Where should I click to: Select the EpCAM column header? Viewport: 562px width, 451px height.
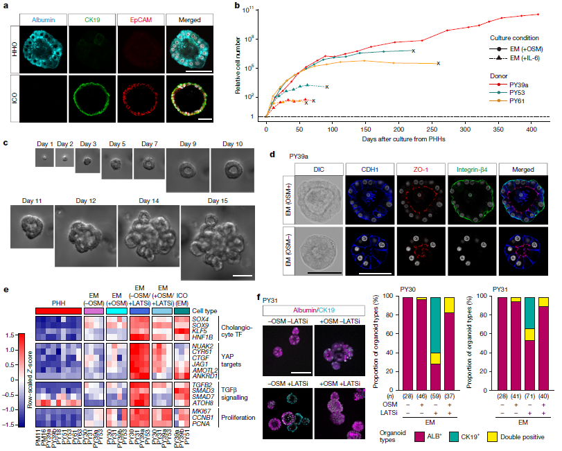coord(134,10)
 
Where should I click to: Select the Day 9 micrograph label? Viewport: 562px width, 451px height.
coord(188,143)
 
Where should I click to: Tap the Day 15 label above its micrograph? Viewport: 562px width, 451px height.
coord(209,201)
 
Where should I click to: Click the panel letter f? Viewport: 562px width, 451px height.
coord(260,298)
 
